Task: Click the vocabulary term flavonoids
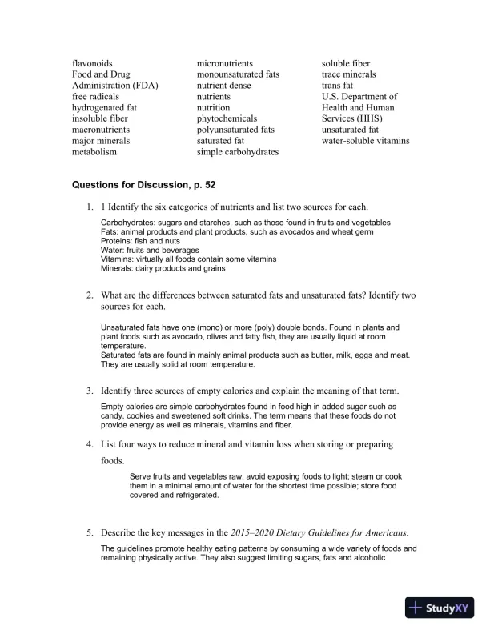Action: pyautogui.click(x=92, y=63)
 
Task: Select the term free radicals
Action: pyautogui.click(x=96, y=96)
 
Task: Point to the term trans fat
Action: pyautogui.click(x=339, y=86)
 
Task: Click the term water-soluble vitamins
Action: pyautogui.click(x=365, y=140)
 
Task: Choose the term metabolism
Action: pyautogui.click(x=94, y=151)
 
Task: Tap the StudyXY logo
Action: pyautogui.click(x=440, y=608)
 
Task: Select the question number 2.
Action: pyautogui.click(x=90, y=296)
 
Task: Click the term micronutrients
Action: pyautogui.click(x=225, y=63)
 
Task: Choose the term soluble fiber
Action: pyautogui.click(x=346, y=63)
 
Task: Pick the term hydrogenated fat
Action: pyautogui.click(x=104, y=107)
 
